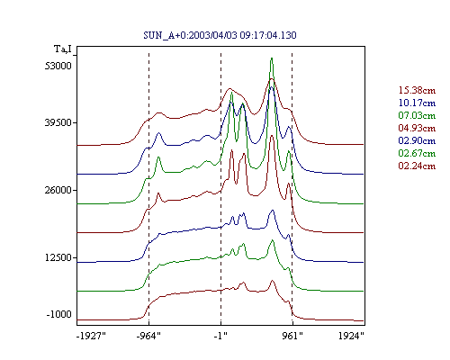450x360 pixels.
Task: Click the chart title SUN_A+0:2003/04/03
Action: tap(191, 35)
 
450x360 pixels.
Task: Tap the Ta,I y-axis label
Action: tap(63, 49)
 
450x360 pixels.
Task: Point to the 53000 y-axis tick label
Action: tap(58, 66)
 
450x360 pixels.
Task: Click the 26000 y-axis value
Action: tap(58, 190)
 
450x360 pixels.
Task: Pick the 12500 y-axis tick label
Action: tap(58, 257)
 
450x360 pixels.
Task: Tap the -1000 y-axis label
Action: tap(58, 314)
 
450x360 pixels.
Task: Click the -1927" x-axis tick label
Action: tap(92, 336)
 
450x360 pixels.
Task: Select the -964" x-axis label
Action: tap(148, 336)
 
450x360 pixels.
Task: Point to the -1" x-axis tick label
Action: tap(220, 336)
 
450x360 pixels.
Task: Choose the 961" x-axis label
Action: tap(292, 336)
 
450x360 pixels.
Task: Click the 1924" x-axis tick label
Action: tap(351, 336)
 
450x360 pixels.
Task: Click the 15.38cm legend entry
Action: tap(417, 90)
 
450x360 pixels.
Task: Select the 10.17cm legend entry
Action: tap(417, 103)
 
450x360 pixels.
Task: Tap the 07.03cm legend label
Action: tap(417, 115)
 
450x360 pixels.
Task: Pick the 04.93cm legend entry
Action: tap(417, 128)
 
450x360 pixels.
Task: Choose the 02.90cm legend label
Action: tap(417, 140)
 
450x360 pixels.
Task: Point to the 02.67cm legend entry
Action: tap(417, 153)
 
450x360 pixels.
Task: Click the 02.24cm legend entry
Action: tap(417, 166)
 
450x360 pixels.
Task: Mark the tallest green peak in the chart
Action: tap(272, 58)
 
